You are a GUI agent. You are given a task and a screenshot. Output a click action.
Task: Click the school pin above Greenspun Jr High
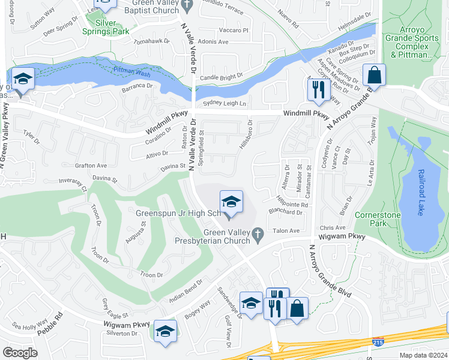point(231,202)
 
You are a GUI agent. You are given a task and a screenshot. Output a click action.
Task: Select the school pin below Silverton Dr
point(166,332)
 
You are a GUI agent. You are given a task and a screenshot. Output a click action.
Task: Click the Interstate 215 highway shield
point(378,341)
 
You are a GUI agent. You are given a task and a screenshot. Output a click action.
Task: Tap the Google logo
point(20,353)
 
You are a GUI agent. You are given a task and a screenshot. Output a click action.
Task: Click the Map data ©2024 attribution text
point(423,355)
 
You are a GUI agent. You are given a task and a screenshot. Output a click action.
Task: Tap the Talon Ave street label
point(286,230)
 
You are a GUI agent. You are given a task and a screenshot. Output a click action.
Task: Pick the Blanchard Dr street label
point(286,212)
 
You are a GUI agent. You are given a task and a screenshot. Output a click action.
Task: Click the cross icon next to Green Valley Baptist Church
point(187,5)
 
